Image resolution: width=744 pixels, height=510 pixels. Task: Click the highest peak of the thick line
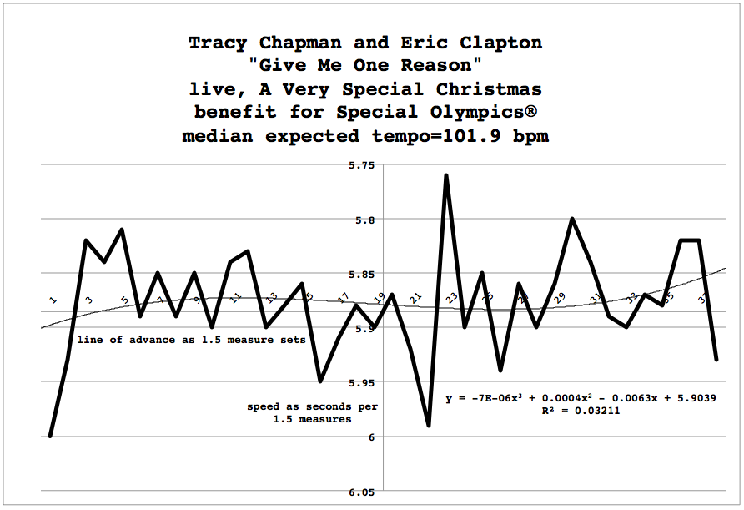point(446,175)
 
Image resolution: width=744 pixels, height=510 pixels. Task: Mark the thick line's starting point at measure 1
point(50,436)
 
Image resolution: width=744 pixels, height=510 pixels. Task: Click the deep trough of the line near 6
point(429,426)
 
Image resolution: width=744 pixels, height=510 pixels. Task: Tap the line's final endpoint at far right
point(716,360)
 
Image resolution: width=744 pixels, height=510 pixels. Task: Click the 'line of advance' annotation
point(192,340)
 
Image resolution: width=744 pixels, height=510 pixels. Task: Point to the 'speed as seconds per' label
point(312,406)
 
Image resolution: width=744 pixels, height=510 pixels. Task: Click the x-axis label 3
point(88,299)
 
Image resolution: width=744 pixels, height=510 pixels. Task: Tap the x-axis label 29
point(560,296)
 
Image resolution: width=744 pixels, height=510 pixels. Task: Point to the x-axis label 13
point(271,296)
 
